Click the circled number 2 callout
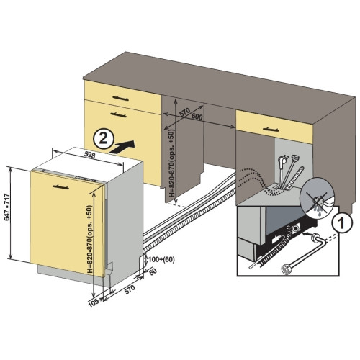pyautogui.click(x=104, y=139)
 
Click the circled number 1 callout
pyautogui.click(x=341, y=222)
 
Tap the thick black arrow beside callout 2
pyautogui.click(x=122, y=146)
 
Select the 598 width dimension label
pyautogui.click(x=90, y=155)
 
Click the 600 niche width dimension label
pyautogui.click(x=197, y=117)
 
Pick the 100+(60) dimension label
pyautogui.click(x=161, y=259)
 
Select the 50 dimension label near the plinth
pyautogui.click(x=153, y=271)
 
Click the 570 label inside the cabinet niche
pyautogui.click(x=185, y=112)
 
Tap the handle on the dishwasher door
pyautogui.click(x=60, y=187)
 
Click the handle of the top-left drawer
pyautogui.click(x=121, y=99)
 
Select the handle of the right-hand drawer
pyautogui.click(x=271, y=130)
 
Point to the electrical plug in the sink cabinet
pyautogui.click(x=282, y=161)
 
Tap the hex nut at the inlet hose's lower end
pyautogui.click(x=285, y=269)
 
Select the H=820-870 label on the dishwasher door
pyautogui.click(x=89, y=239)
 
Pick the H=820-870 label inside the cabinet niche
pyautogui.click(x=172, y=163)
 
